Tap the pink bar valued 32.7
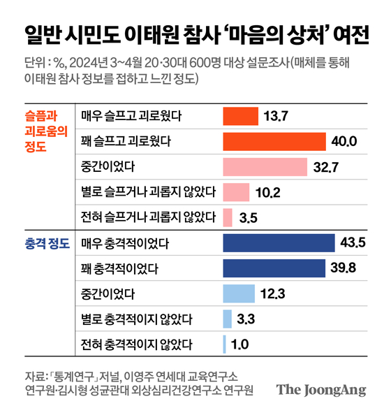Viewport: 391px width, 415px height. tap(265, 167)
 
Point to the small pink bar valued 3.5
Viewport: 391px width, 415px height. tap(228, 217)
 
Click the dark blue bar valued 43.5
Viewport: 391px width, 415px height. tap(279, 243)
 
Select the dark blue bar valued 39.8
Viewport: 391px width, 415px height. tap(274, 268)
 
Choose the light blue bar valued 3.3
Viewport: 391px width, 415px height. tap(227, 319)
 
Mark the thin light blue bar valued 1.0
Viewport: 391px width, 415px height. tap(224, 344)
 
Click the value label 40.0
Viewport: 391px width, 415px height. tap(344, 142)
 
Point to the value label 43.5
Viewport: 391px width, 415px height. tap(353, 243)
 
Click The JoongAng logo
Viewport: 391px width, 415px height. tap(320, 390)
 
